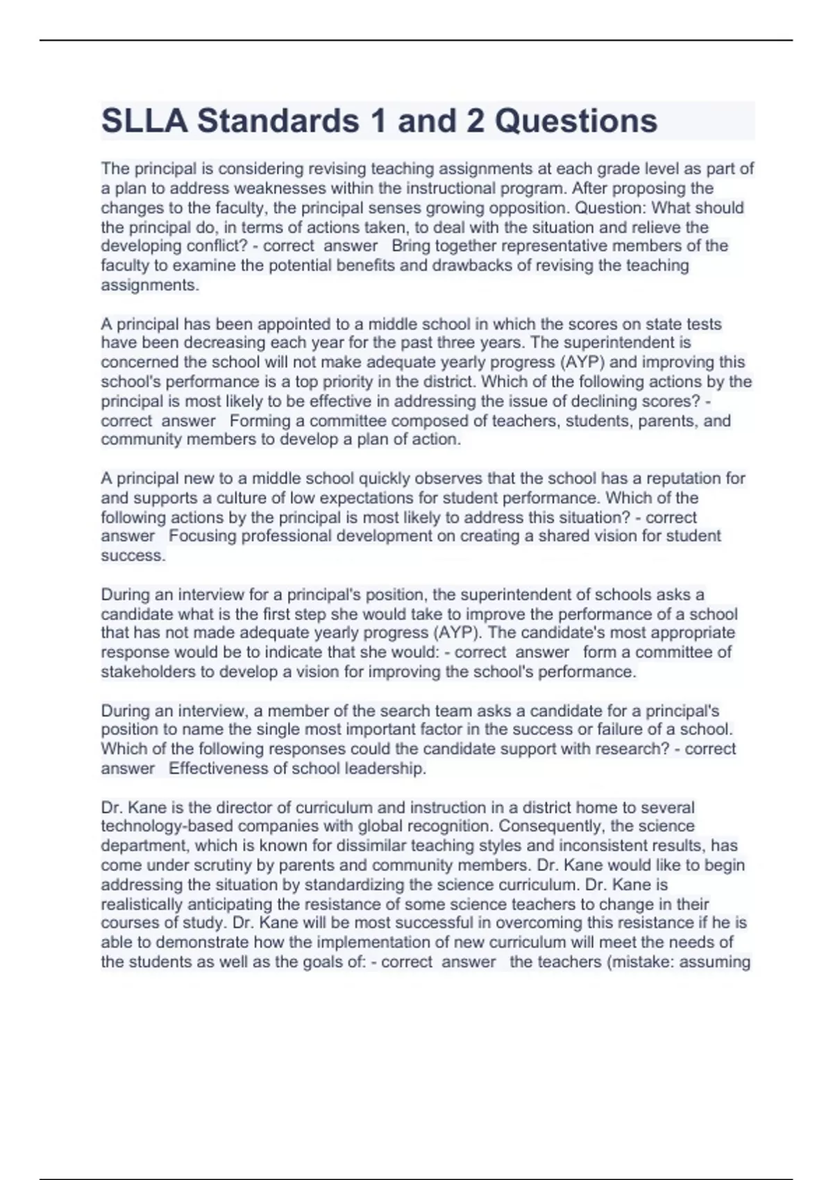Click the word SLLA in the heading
[144, 121]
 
